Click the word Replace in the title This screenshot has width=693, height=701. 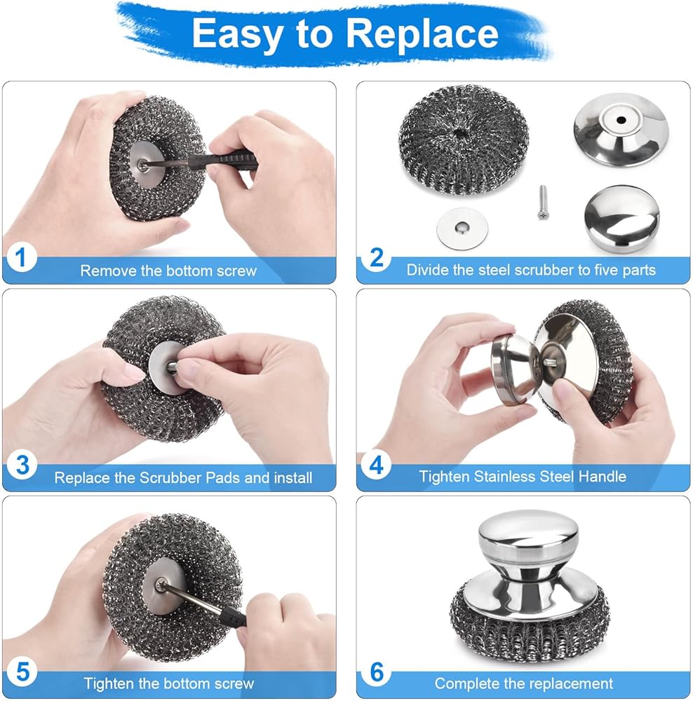coord(422,34)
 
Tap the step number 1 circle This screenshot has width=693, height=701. coord(20,257)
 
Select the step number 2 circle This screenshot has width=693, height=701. coord(377,257)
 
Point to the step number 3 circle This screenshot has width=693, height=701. coord(22,465)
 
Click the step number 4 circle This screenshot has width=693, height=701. coord(377,465)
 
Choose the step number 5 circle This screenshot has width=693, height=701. coord(22,672)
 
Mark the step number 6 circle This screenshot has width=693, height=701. coord(377,672)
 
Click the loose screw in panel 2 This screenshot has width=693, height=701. coord(543,203)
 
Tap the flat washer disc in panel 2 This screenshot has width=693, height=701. coord(462,229)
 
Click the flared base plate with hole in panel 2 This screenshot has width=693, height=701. coord(621,130)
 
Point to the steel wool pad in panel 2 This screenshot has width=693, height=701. coord(463,139)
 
